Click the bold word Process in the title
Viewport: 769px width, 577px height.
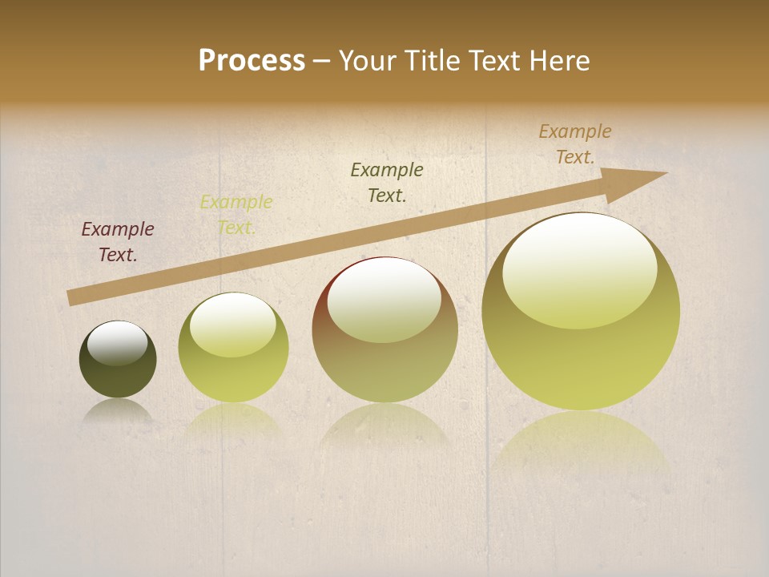point(252,61)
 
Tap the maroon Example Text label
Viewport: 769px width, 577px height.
point(118,241)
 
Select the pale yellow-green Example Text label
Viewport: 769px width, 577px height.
point(236,214)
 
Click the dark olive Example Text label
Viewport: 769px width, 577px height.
point(387,182)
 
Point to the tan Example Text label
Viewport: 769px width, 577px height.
point(575,143)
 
